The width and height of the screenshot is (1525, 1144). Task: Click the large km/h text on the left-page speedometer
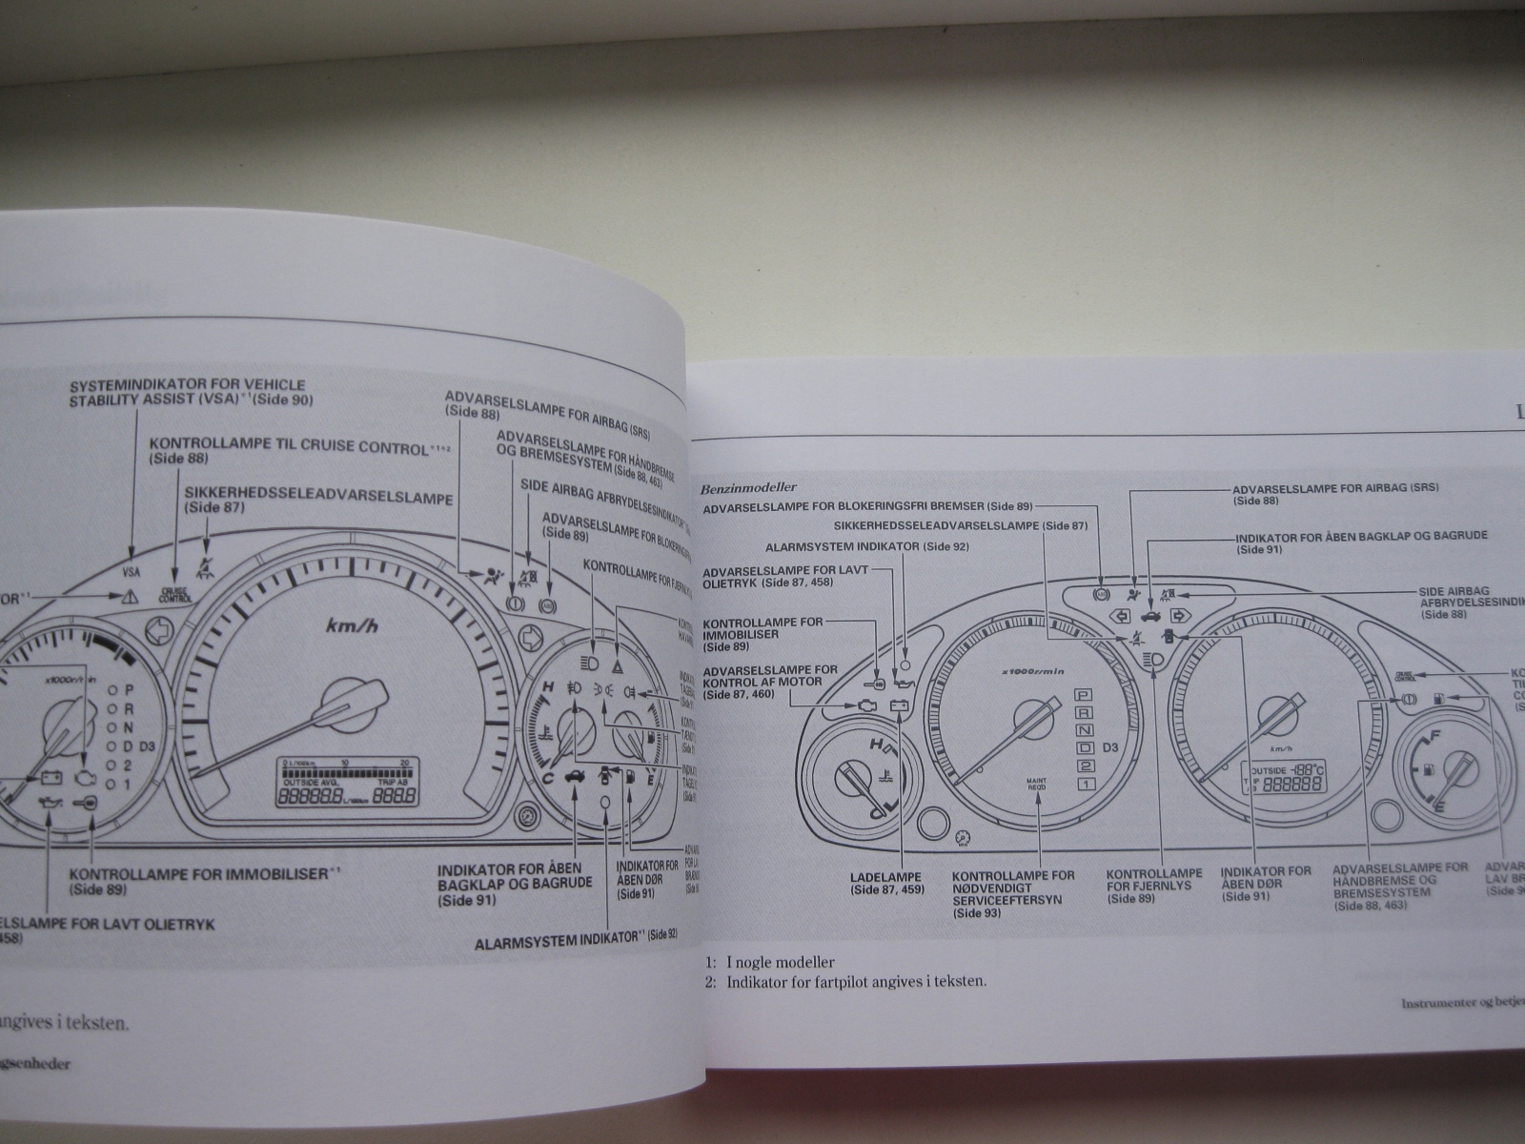pyautogui.click(x=353, y=625)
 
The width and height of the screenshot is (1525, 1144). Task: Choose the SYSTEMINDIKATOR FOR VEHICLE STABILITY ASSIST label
pyautogui.click(x=191, y=393)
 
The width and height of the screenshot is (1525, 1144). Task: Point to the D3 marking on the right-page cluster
pyautogui.click(x=1111, y=747)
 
